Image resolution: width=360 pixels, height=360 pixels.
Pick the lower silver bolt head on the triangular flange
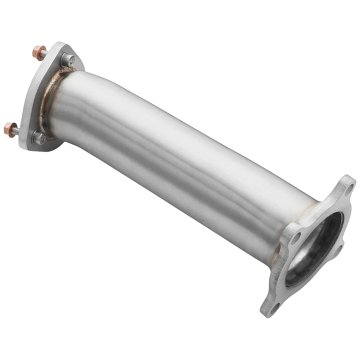(x=38, y=137)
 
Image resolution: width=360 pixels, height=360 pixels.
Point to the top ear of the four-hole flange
(x=347, y=183)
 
